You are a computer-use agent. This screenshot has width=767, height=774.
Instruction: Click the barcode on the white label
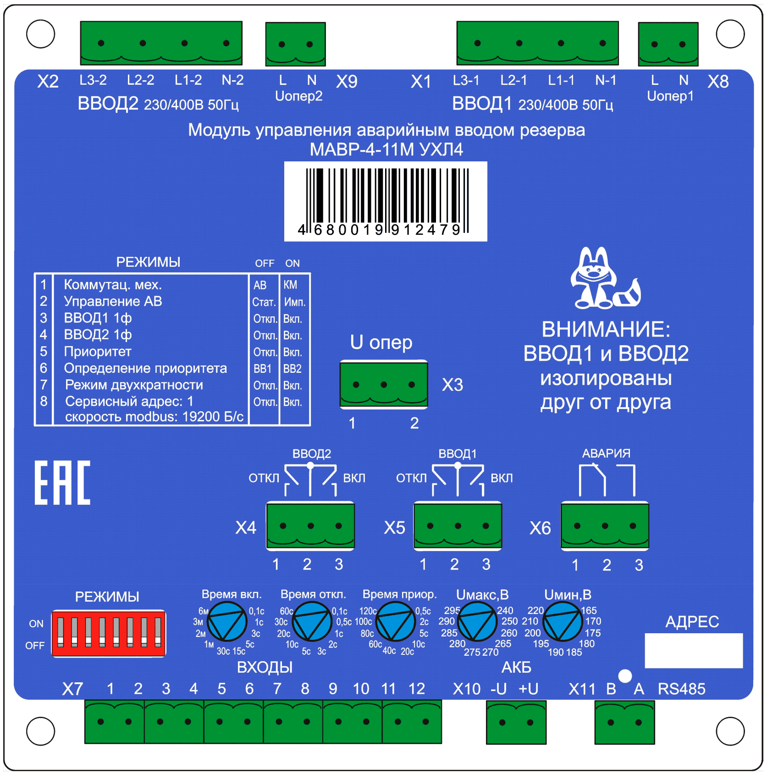tap(387, 201)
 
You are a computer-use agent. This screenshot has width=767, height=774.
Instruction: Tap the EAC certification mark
tap(62, 483)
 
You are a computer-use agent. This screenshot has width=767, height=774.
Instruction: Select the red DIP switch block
tap(109, 634)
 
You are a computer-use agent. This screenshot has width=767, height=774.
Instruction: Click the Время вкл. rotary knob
tap(227, 621)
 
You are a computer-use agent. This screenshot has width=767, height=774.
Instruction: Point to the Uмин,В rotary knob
tap(563, 621)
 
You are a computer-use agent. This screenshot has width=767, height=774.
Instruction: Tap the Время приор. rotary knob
tap(395, 621)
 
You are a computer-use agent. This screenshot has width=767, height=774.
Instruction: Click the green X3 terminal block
tap(384, 384)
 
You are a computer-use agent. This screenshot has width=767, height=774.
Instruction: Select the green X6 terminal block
tap(605, 525)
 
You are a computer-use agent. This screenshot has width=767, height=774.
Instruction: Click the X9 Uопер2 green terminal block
tap(296, 44)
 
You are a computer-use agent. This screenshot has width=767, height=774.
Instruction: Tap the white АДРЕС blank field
tap(694, 650)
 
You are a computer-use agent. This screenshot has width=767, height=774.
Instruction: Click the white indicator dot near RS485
tap(625, 676)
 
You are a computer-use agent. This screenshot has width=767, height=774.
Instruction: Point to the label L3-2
tap(93, 80)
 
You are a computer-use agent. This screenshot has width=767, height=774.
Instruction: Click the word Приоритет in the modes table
tap(98, 352)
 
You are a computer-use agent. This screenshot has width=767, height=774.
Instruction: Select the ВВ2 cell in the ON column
tap(292, 369)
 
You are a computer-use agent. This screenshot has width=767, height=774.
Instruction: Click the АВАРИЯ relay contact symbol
tap(607, 480)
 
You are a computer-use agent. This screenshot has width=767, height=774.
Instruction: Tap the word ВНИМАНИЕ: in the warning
tap(606, 329)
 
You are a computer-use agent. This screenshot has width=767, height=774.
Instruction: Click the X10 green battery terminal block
tap(516, 722)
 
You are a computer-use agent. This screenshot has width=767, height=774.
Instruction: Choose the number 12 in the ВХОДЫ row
tap(417, 689)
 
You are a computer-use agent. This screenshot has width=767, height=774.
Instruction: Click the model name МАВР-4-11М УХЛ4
tap(386, 149)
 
